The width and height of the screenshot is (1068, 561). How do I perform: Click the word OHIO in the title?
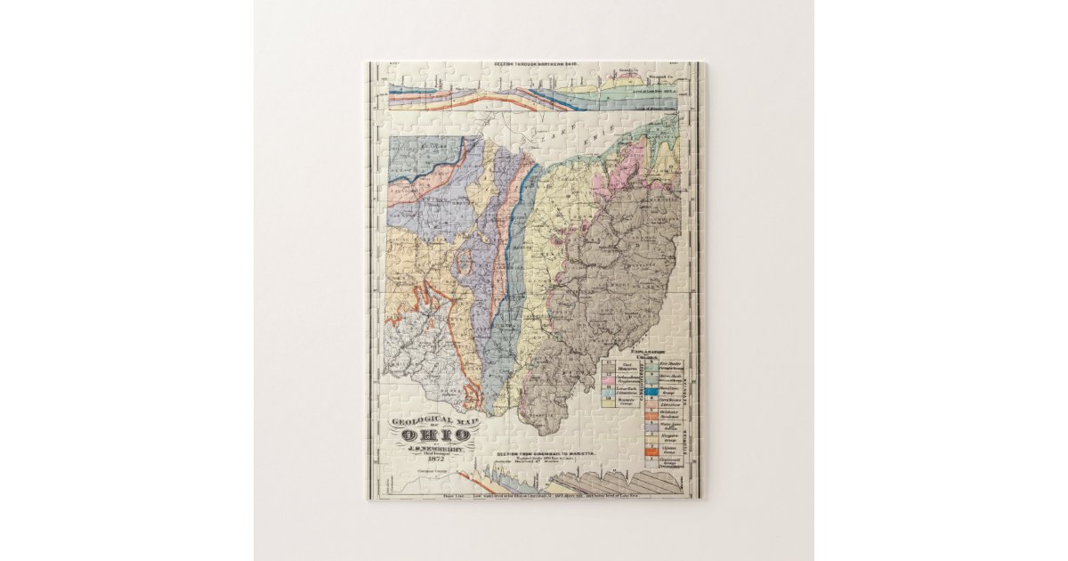[436, 435]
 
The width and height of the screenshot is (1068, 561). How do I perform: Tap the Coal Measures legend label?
[625, 365]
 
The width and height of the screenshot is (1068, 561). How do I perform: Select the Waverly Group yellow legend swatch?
[610, 402]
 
